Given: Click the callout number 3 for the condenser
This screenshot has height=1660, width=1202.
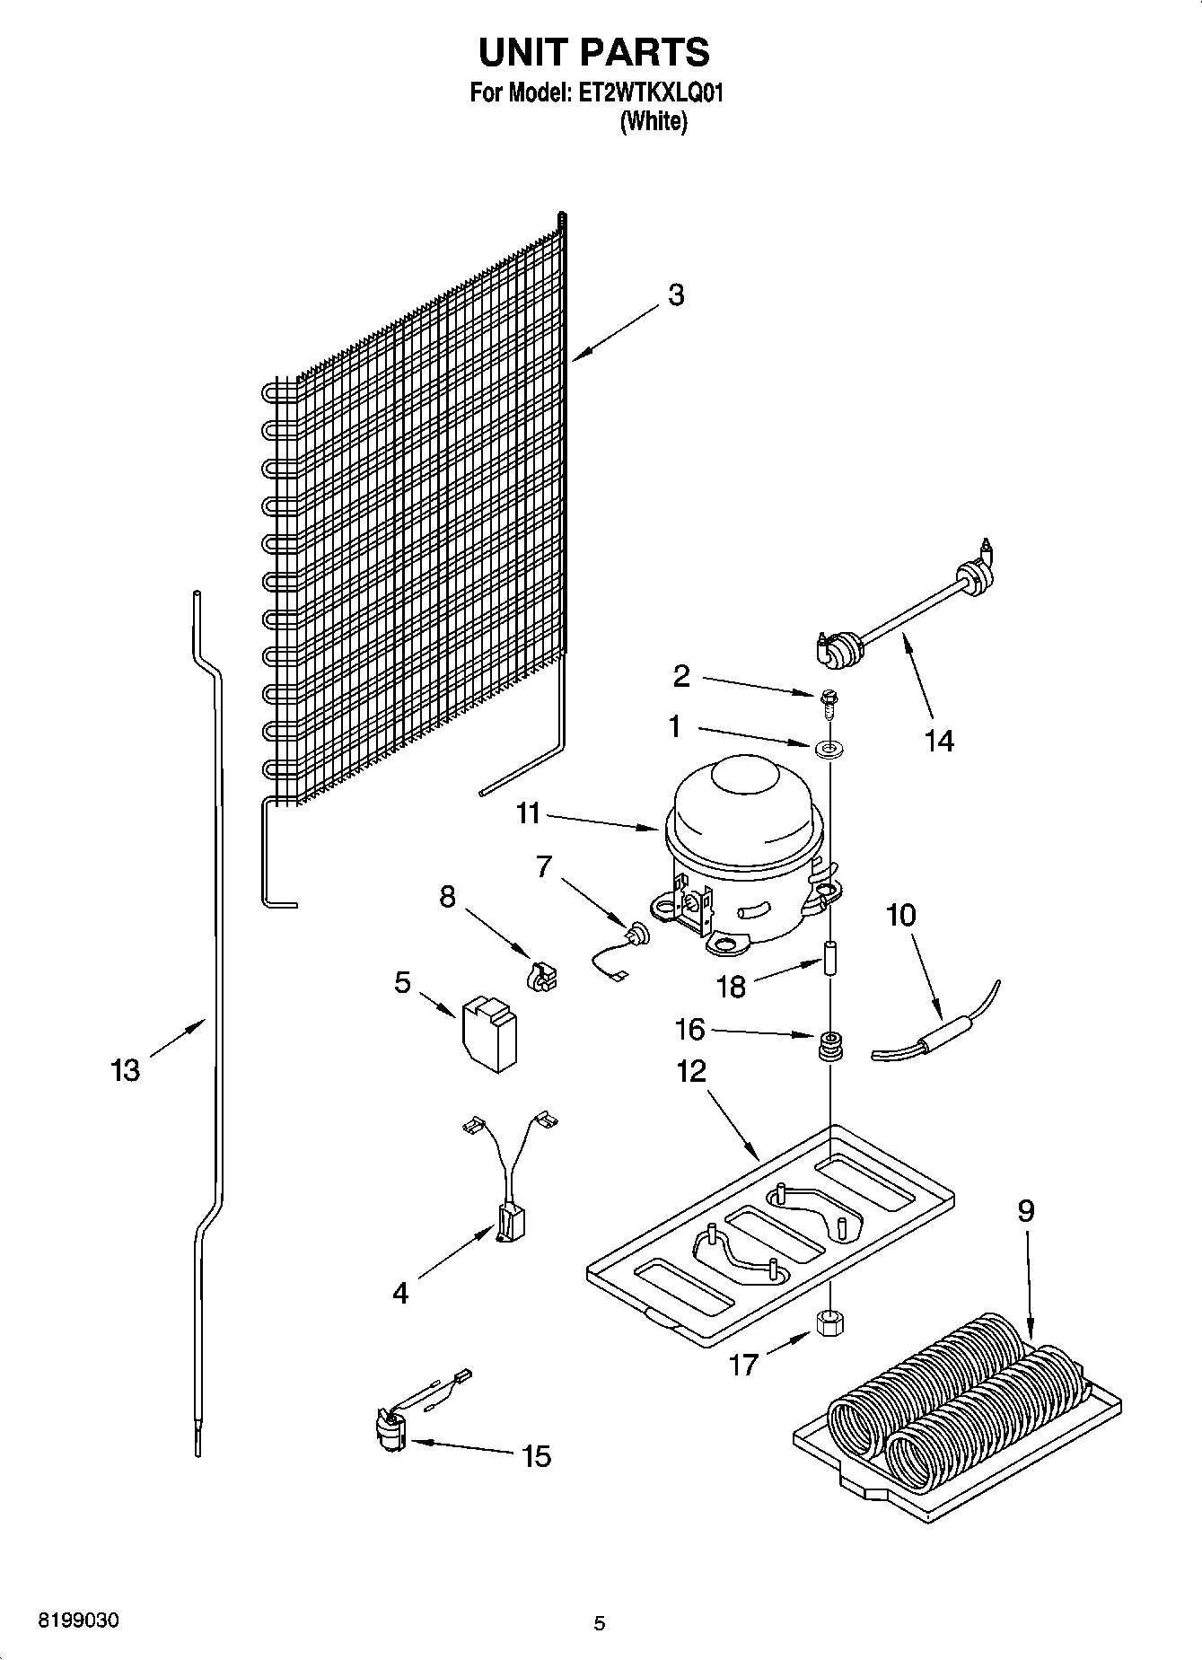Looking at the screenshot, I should (676, 295).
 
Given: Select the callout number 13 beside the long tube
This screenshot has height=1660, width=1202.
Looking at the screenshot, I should (126, 1070).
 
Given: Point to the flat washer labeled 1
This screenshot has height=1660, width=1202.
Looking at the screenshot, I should (825, 747).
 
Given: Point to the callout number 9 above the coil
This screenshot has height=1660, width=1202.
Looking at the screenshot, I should (1026, 1211).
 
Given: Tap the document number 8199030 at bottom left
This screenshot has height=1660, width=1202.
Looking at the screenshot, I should (78, 1620).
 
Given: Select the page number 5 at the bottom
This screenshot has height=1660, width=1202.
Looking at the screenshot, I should (600, 1623).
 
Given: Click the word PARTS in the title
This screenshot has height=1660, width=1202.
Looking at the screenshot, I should (645, 53).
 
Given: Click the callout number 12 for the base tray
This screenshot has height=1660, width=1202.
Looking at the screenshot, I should (691, 1071).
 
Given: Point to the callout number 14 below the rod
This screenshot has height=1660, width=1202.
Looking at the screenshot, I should (939, 741).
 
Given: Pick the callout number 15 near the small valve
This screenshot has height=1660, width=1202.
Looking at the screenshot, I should (536, 1456).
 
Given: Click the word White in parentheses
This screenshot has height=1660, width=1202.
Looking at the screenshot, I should (654, 123).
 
